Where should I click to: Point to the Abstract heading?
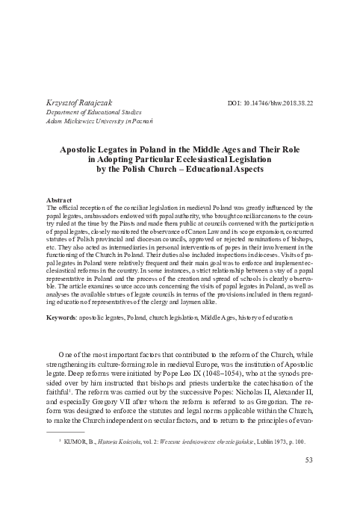tap(59, 202)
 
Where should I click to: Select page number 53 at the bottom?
tap(308, 480)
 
